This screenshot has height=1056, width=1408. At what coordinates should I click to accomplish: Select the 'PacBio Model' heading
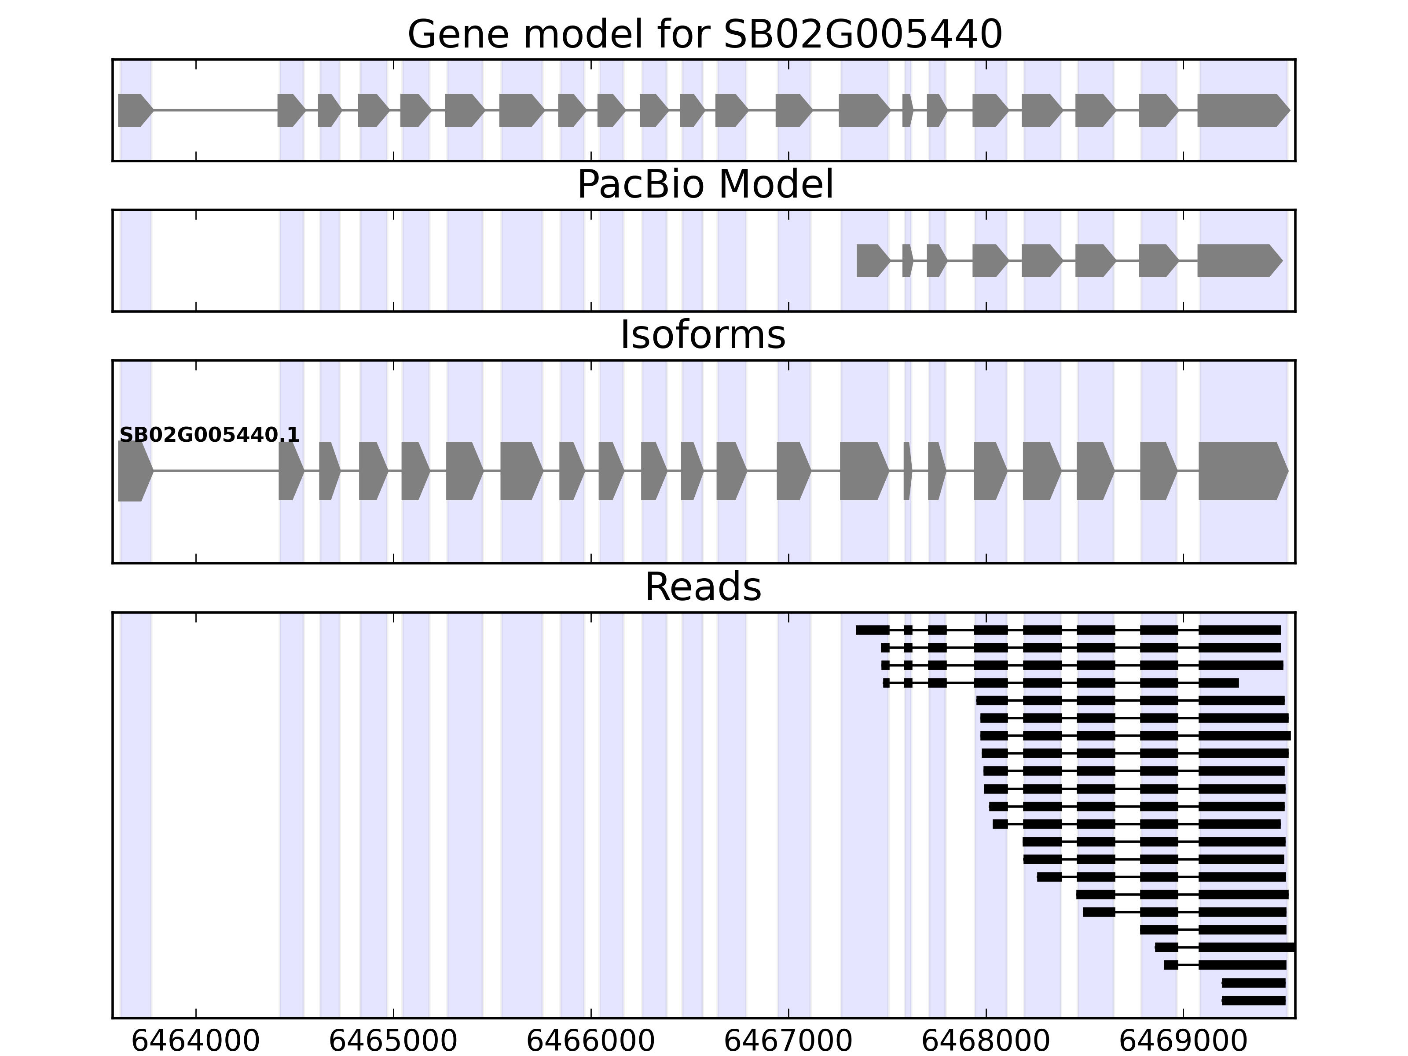(x=704, y=185)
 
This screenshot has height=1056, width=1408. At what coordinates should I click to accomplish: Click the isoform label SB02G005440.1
(x=209, y=436)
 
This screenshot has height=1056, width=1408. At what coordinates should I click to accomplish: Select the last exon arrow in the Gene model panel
(x=1241, y=110)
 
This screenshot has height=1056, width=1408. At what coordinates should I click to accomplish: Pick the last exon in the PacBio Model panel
(x=1238, y=260)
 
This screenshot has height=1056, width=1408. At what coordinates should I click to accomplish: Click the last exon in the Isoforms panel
(x=1241, y=471)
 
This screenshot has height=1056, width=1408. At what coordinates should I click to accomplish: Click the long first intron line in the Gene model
(x=215, y=110)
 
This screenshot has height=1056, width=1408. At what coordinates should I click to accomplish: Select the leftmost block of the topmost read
(x=872, y=630)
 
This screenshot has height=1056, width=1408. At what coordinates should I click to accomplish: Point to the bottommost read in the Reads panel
(x=1253, y=1001)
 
